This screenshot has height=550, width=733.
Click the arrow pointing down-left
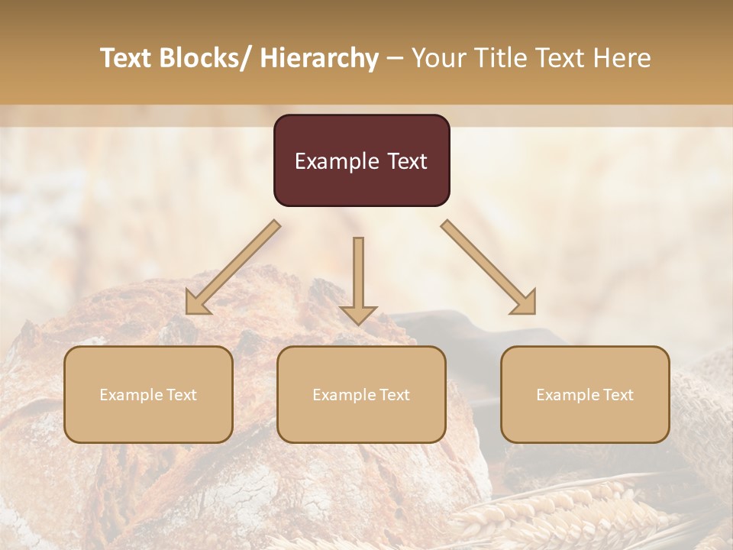233,267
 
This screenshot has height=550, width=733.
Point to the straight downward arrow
358,275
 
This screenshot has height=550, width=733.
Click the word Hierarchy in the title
319,58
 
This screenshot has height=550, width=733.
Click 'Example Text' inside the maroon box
361,161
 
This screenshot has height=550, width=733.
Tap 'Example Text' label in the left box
148,395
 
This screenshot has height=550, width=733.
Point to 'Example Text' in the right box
585,395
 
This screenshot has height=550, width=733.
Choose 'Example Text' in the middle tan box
361,395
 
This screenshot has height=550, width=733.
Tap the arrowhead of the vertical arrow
358,314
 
